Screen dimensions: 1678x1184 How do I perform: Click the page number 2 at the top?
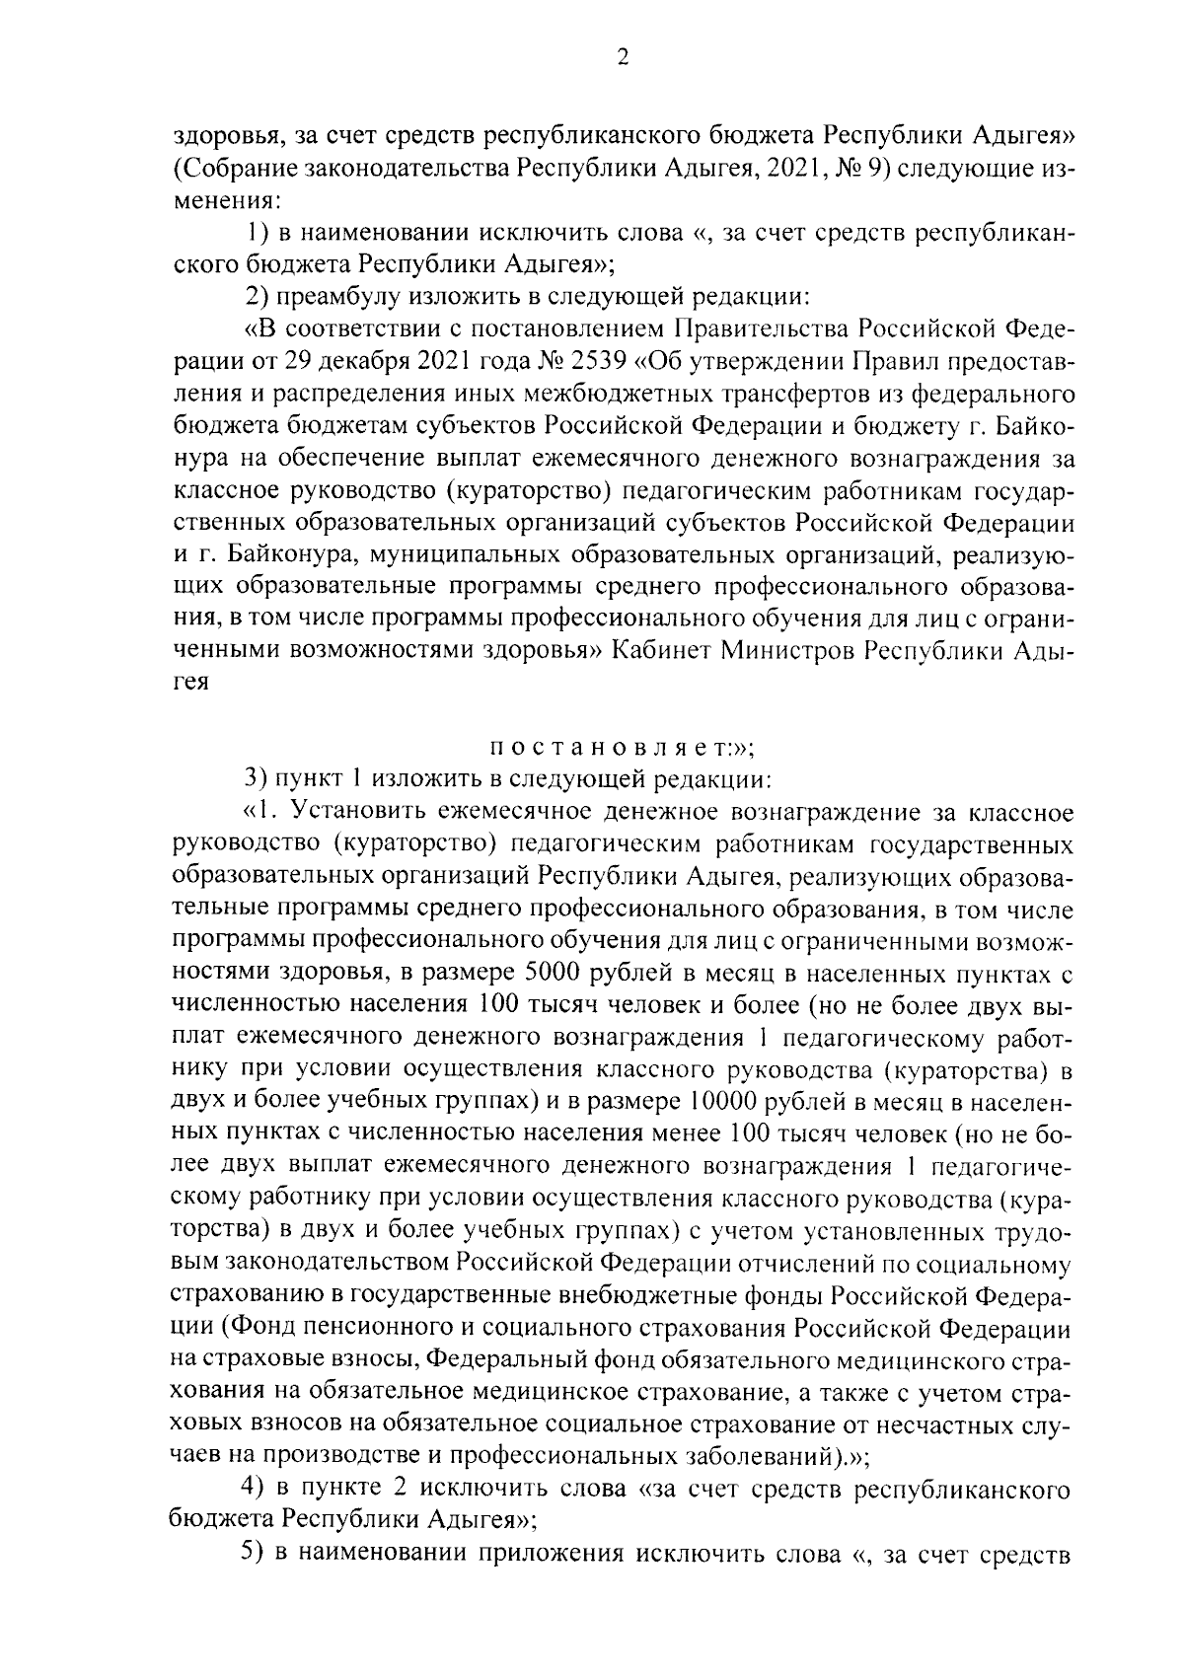click(x=622, y=58)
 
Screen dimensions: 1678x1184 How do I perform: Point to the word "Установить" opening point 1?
click(x=360, y=812)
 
